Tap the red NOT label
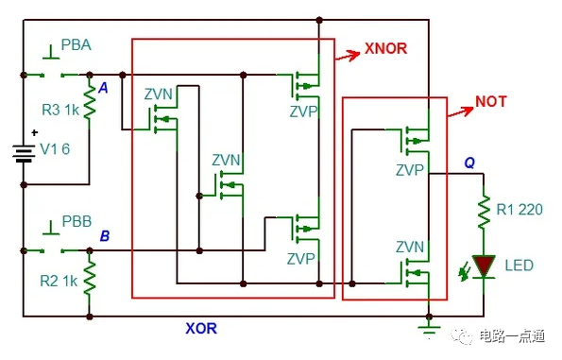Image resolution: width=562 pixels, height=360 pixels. [494, 100]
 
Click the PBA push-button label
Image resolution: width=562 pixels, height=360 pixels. [77, 45]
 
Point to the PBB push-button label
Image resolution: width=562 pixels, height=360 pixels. [77, 222]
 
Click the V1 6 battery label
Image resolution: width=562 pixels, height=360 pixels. [54, 148]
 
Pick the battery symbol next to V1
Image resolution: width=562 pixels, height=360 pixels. [22, 153]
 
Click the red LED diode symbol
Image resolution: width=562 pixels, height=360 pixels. [485, 266]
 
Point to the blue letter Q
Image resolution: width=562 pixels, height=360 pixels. [468, 163]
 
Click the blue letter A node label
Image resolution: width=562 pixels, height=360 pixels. [103, 87]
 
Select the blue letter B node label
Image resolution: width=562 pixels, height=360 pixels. [105, 235]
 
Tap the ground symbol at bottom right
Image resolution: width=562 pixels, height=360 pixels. [430, 325]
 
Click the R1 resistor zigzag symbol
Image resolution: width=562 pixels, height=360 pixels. [485, 211]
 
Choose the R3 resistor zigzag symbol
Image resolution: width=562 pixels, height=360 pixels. [90, 101]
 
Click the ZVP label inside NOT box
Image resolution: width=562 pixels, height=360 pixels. [410, 171]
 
